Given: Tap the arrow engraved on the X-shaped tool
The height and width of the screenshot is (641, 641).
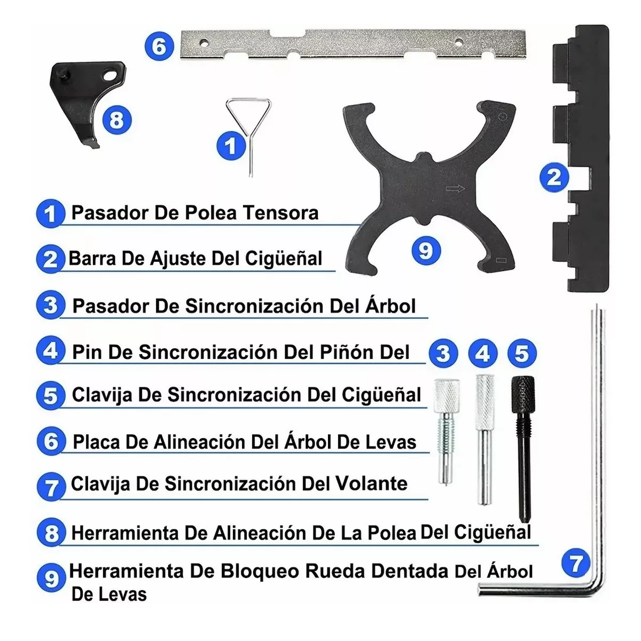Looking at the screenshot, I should click(x=455, y=189).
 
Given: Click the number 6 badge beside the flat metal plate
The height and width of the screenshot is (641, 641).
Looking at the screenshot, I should click(x=159, y=46).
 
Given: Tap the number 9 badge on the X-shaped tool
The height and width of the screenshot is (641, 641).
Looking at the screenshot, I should click(x=426, y=249).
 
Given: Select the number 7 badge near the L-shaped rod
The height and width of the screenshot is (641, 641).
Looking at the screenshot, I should click(x=576, y=563).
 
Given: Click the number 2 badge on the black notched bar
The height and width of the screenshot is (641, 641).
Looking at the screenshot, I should click(x=554, y=176).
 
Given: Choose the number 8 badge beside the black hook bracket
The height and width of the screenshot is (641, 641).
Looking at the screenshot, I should click(x=116, y=120).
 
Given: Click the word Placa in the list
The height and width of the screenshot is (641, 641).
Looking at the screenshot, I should click(x=96, y=442).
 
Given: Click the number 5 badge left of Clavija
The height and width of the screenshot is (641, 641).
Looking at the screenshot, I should click(x=51, y=396).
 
